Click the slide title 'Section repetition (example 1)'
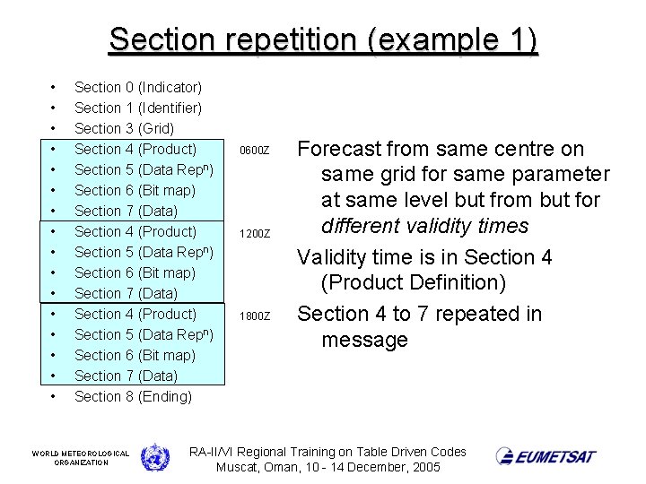point(323,40)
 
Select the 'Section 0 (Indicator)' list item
point(137,87)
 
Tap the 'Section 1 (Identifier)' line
point(137,108)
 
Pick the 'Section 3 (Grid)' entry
point(124,128)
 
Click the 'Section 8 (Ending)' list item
point(133,396)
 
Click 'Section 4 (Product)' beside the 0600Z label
point(135,149)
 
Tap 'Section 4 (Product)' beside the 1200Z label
point(135,231)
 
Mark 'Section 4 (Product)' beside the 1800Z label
point(135,314)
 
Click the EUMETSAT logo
point(546,456)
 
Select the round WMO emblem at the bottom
point(154,456)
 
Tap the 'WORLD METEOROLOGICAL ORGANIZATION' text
point(81,457)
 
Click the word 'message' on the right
point(364,340)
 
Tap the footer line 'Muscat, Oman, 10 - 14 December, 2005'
point(327,468)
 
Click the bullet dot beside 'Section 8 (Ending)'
point(54,396)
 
